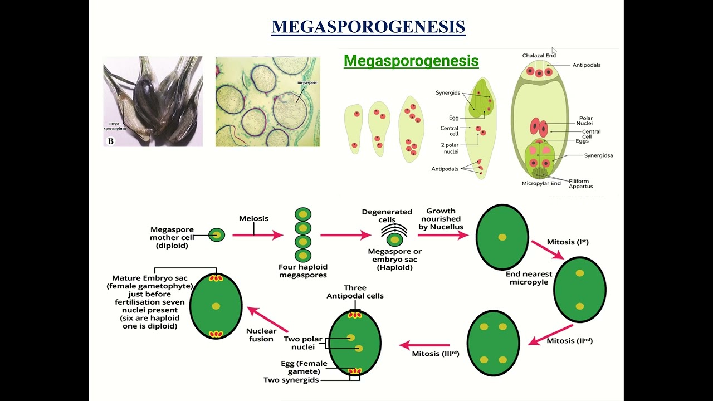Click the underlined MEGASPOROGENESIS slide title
[368, 27]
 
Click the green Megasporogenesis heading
[411, 61]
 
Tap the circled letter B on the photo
[110, 141]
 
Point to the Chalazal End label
[539, 56]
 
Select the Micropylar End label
[541, 183]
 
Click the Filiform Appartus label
[581, 184]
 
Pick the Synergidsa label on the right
[598, 155]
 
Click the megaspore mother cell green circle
[217, 235]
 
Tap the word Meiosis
[253, 218]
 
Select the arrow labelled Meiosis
[257, 236]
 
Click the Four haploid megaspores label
[303, 271]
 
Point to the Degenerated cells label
[387, 216]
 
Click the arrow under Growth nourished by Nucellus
[443, 235]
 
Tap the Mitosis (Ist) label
[568, 242]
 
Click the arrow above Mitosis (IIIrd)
[424, 345]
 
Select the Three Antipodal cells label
[355, 292]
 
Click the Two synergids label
[291, 380]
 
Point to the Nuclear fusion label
[261, 335]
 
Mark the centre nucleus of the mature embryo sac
[216, 306]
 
